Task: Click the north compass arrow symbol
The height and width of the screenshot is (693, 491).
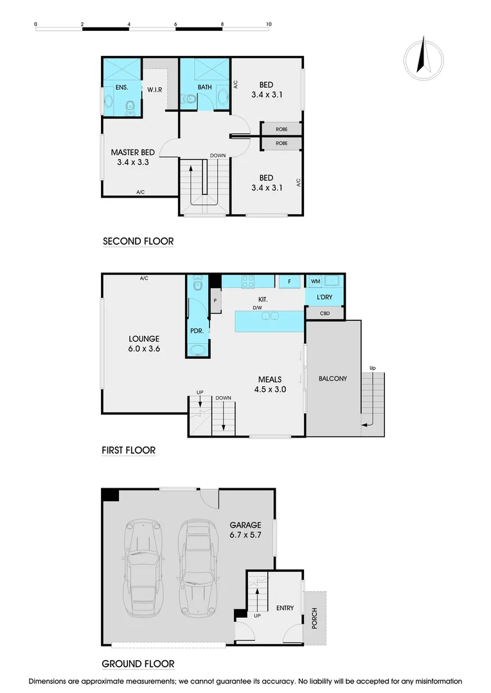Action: click(x=423, y=56)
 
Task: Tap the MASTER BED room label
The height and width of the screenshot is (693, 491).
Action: click(x=132, y=152)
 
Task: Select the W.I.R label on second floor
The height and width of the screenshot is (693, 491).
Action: click(x=154, y=89)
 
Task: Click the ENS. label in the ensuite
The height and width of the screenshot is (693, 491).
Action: click(x=121, y=87)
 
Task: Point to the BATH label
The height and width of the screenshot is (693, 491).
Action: click(x=204, y=87)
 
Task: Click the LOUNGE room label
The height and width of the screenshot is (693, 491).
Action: click(x=143, y=339)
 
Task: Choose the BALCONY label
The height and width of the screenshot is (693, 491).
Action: click(x=332, y=379)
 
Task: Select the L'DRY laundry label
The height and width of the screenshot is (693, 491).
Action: click(x=324, y=298)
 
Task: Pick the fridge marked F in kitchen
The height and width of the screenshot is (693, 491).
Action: click(x=290, y=281)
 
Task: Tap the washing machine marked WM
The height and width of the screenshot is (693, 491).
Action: click(x=315, y=281)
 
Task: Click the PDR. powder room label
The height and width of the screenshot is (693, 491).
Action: click(x=197, y=330)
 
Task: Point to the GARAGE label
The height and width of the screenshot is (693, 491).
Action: click(x=245, y=524)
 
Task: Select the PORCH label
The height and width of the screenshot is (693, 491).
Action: click(x=314, y=617)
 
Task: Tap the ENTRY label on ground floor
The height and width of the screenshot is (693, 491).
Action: click(x=285, y=608)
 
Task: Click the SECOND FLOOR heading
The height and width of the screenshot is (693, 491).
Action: click(x=138, y=241)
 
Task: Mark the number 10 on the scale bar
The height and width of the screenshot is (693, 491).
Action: click(x=268, y=24)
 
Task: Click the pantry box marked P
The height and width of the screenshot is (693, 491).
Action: click(x=215, y=300)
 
